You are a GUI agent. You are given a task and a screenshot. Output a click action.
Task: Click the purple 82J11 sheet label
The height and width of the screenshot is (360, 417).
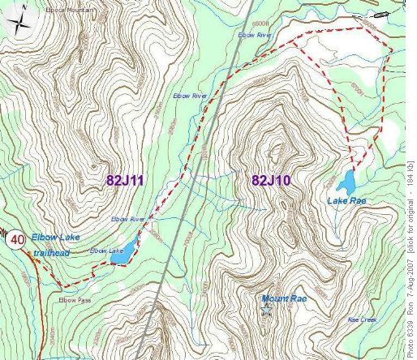tap(124, 180)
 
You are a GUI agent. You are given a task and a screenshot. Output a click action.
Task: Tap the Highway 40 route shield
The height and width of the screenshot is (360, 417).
tap(16, 240)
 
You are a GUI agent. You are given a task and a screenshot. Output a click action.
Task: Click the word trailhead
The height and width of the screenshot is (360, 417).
tap(51, 253)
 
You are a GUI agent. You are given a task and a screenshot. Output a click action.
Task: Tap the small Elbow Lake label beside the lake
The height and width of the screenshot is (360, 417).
tap(105, 250)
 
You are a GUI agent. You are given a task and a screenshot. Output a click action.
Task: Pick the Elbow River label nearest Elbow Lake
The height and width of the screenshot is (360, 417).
tap(127, 219)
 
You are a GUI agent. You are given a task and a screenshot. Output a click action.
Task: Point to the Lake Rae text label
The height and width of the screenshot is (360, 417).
tap(344, 199)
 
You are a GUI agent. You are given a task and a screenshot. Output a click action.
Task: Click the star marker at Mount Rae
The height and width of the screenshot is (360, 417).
tap(267, 309)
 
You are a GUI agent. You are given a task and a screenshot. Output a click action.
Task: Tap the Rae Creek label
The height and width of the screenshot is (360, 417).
tap(362, 319)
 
